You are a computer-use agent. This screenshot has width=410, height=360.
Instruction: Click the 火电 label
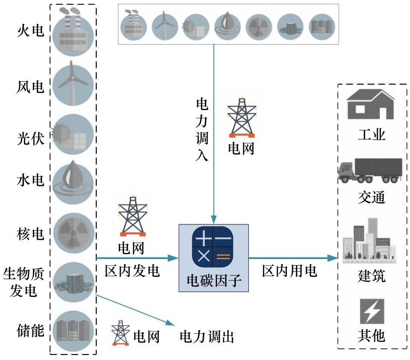30,31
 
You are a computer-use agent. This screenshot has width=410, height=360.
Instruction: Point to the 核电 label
30,234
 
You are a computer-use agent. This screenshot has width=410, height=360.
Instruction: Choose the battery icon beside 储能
73,330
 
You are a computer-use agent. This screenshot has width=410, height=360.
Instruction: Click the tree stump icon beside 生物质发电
73,283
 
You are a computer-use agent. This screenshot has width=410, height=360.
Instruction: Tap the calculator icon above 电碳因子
212,244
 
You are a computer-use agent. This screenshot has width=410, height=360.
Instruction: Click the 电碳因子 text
213,281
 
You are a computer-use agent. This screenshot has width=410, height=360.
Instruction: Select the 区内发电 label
132,271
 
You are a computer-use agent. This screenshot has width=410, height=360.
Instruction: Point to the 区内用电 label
289,271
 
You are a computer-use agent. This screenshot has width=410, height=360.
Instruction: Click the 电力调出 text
207,336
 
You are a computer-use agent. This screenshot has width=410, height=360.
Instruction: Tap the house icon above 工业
370,104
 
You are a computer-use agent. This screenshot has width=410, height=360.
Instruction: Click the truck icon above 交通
370,170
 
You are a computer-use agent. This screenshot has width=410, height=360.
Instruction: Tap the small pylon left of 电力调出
121,333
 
